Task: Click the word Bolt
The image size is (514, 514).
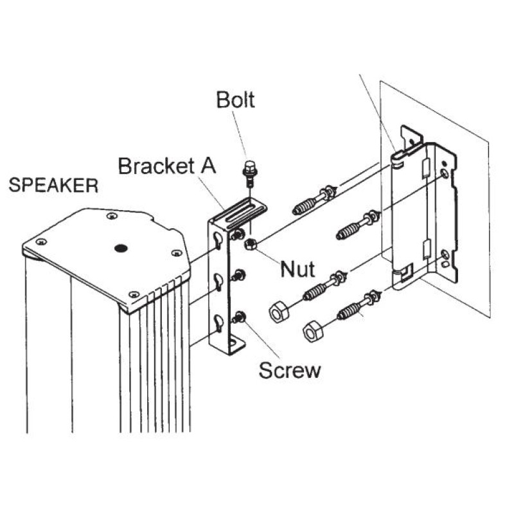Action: pos(235,100)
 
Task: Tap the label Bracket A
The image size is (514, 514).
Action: pos(166,166)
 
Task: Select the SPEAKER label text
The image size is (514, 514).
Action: pos(54,186)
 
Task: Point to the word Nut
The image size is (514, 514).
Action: pos(297,268)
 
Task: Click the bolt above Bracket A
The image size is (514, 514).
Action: pos(249,173)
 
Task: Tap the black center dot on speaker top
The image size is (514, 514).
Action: pos(120,248)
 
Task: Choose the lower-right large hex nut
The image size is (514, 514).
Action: pos(312,331)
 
